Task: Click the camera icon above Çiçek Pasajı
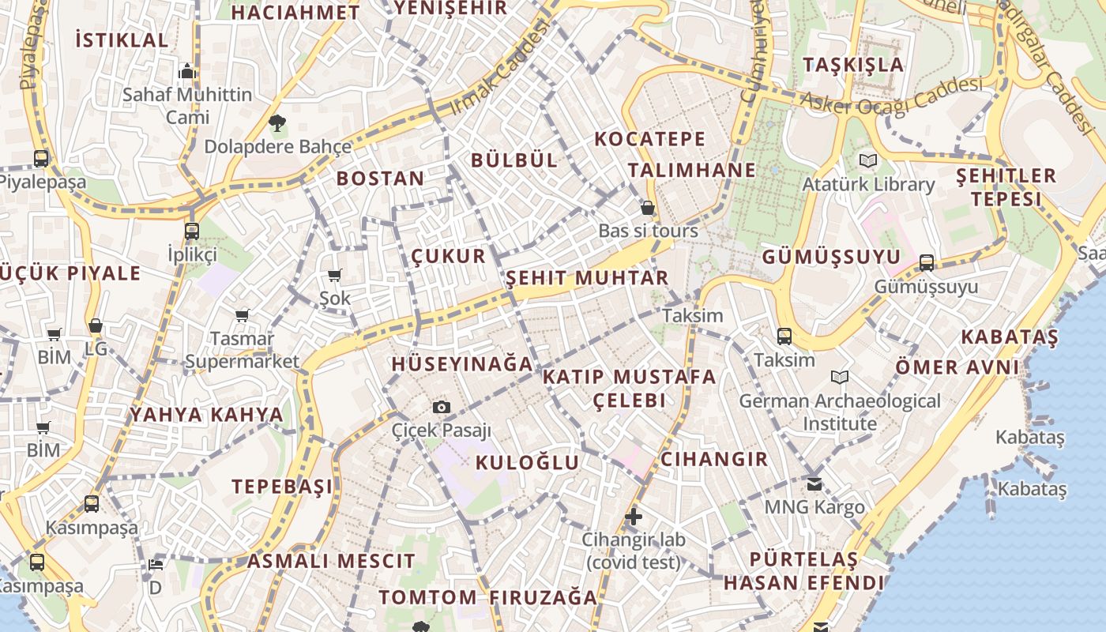442,407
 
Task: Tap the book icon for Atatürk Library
868,160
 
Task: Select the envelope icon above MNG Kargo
814,483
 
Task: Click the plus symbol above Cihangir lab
633,517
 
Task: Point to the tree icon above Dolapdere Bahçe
276,123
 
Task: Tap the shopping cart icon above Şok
334,276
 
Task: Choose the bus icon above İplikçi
191,231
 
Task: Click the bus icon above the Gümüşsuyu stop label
927,263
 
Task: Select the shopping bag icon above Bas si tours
648,208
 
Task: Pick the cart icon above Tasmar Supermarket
243,316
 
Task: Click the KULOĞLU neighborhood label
527,462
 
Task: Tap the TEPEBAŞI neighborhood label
282,486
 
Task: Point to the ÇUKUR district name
448,256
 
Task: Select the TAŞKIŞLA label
853,65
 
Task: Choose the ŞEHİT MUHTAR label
587,278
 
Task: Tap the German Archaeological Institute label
840,412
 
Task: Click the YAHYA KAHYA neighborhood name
206,415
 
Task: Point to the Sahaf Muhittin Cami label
187,106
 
